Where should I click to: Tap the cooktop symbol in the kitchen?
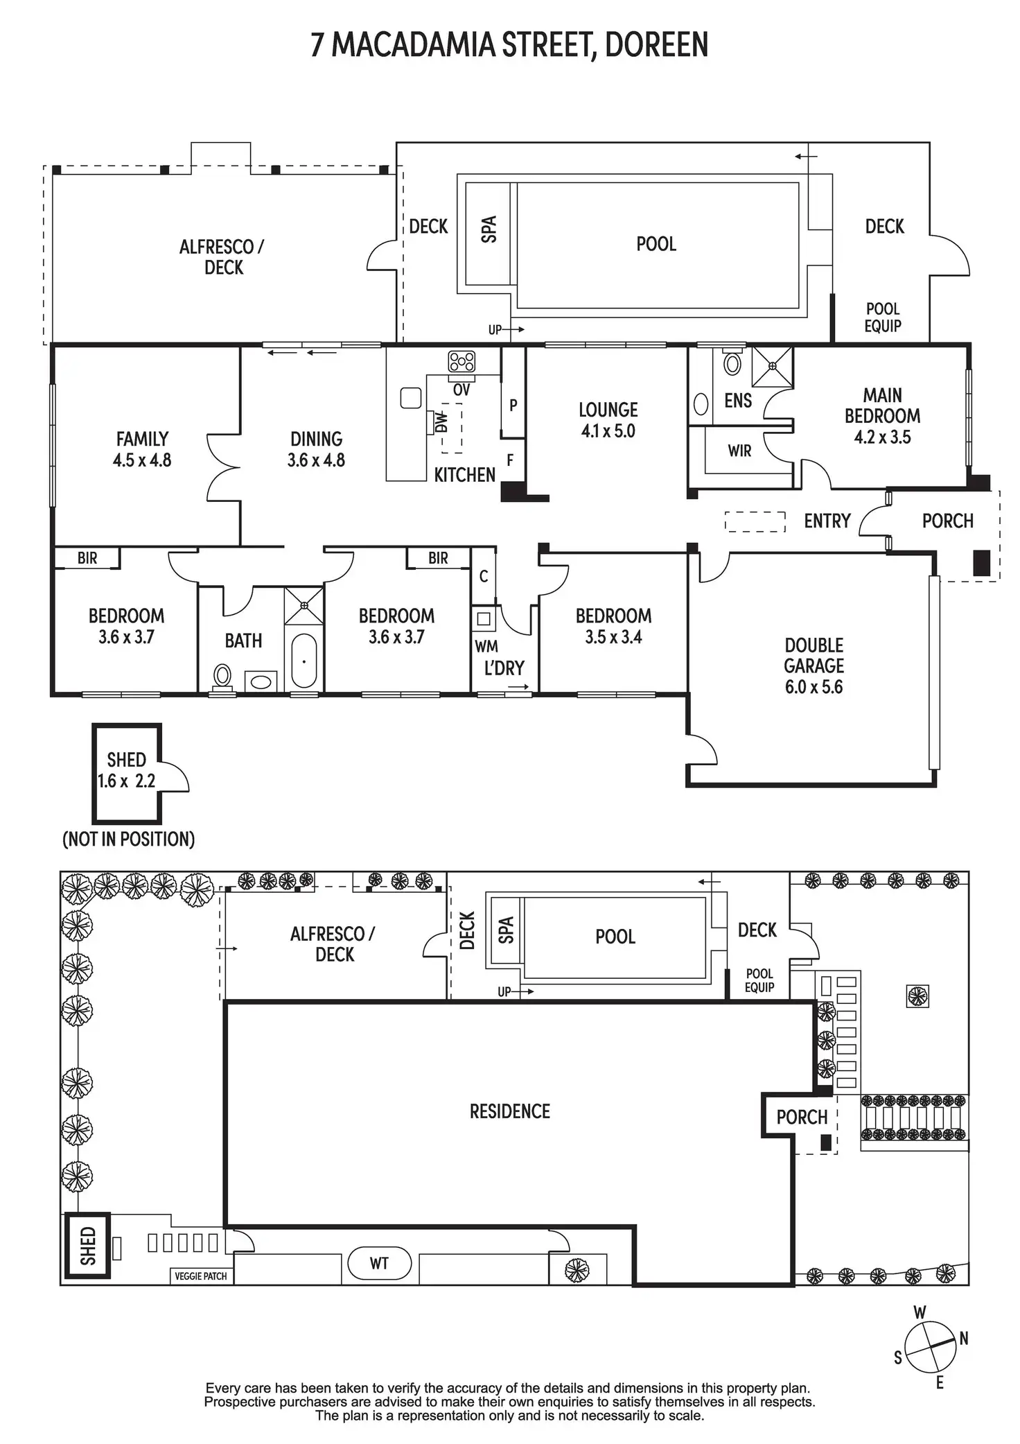(461, 361)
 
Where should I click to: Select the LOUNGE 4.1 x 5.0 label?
(608, 420)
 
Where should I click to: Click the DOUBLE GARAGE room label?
(814, 666)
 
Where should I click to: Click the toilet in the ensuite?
(732, 362)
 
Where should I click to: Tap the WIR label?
(739, 451)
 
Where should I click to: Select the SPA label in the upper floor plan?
(489, 229)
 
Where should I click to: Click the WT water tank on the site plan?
(378, 1263)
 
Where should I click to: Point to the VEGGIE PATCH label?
(201, 1276)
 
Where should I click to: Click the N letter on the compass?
(963, 1339)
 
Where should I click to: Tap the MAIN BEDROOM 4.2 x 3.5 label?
(882, 416)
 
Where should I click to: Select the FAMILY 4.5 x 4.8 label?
(142, 449)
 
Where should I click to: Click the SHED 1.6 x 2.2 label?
(126, 770)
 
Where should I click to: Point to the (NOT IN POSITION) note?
(129, 840)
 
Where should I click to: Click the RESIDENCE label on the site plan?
(509, 1111)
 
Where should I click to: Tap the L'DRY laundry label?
(504, 668)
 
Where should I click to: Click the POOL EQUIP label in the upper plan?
(882, 317)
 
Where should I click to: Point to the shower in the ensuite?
(772, 365)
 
